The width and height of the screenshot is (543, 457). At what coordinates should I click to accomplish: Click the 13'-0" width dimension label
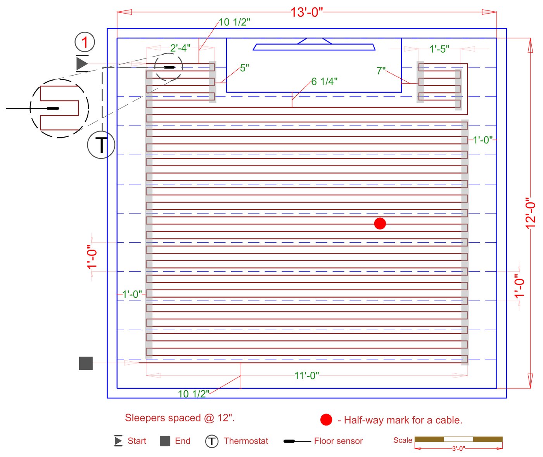coord(306,12)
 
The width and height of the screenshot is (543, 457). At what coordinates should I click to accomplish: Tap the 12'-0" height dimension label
coord(531,213)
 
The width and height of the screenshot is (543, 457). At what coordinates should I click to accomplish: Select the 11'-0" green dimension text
coord(307,375)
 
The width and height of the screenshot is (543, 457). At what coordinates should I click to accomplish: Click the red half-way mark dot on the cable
coord(380,224)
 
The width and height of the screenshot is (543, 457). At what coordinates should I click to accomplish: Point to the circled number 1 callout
coord(85,42)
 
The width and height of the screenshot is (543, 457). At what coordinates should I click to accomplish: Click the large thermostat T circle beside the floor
coord(101,145)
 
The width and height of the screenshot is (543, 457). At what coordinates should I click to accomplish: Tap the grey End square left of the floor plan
coord(86,363)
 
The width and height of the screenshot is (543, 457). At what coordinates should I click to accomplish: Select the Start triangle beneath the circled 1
coord(82,63)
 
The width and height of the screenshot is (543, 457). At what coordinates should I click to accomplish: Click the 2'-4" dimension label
coord(180,48)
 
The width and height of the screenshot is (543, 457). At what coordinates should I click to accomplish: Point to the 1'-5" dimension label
coord(439,49)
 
